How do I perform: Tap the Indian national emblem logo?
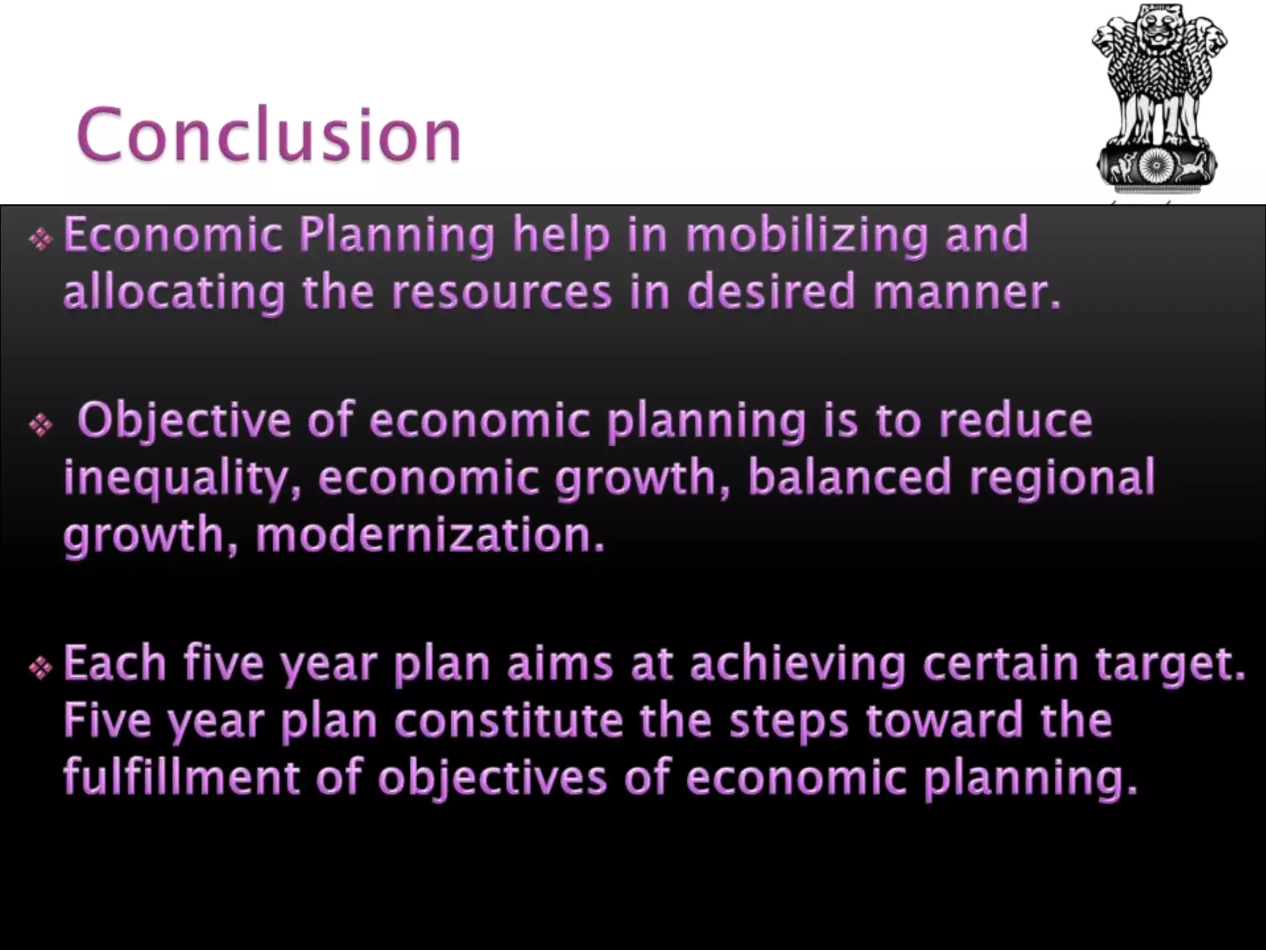pos(1160,99)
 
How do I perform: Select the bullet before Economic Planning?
pos(41,239)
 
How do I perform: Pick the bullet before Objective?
pos(41,425)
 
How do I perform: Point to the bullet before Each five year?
pos(41,667)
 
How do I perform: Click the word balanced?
pos(849,478)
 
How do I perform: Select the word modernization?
pos(429,536)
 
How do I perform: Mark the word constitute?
pos(509,721)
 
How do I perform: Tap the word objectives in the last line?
pos(492,778)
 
